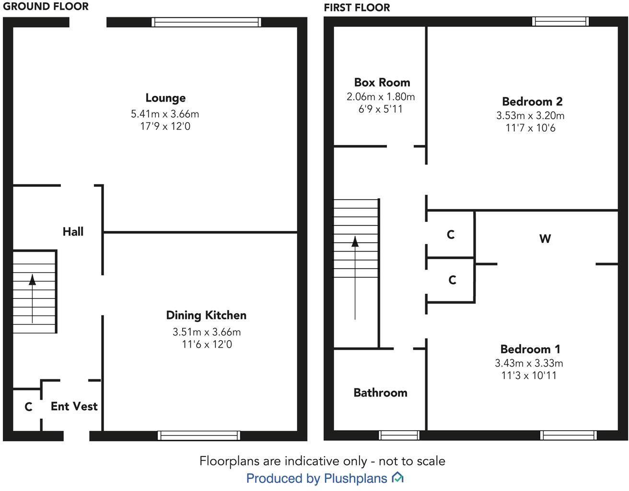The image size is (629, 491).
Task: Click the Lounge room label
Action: click(x=165, y=98)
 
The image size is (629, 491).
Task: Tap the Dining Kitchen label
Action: click(x=206, y=315)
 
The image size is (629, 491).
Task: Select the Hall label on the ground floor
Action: click(x=73, y=232)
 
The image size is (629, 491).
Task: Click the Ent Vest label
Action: click(x=74, y=407)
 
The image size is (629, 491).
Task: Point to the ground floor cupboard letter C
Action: click(x=28, y=407)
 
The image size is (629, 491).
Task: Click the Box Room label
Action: click(x=382, y=82)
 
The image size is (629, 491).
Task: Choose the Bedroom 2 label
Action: click(x=532, y=102)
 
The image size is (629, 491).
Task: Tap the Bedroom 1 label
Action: click(x=530, y=349)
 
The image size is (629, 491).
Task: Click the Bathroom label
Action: click(x=380, y=393)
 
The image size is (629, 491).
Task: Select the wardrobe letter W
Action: click(x=545, y=239)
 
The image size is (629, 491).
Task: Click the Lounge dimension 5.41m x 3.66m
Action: click(x=165, y=114)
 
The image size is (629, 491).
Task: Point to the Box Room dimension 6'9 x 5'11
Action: click(x=381, y=109)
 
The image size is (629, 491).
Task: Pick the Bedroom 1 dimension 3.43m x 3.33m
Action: click(x=529, y=363)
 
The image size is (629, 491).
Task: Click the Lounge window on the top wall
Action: click(x=206, y=22)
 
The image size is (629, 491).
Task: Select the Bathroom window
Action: click(x=399, y=435)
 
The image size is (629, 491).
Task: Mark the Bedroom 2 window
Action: click(x=560, y=22)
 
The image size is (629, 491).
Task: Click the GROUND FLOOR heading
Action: click(x=46, y=7)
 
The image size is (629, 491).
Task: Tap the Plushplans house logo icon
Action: click(x=397, y=478)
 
